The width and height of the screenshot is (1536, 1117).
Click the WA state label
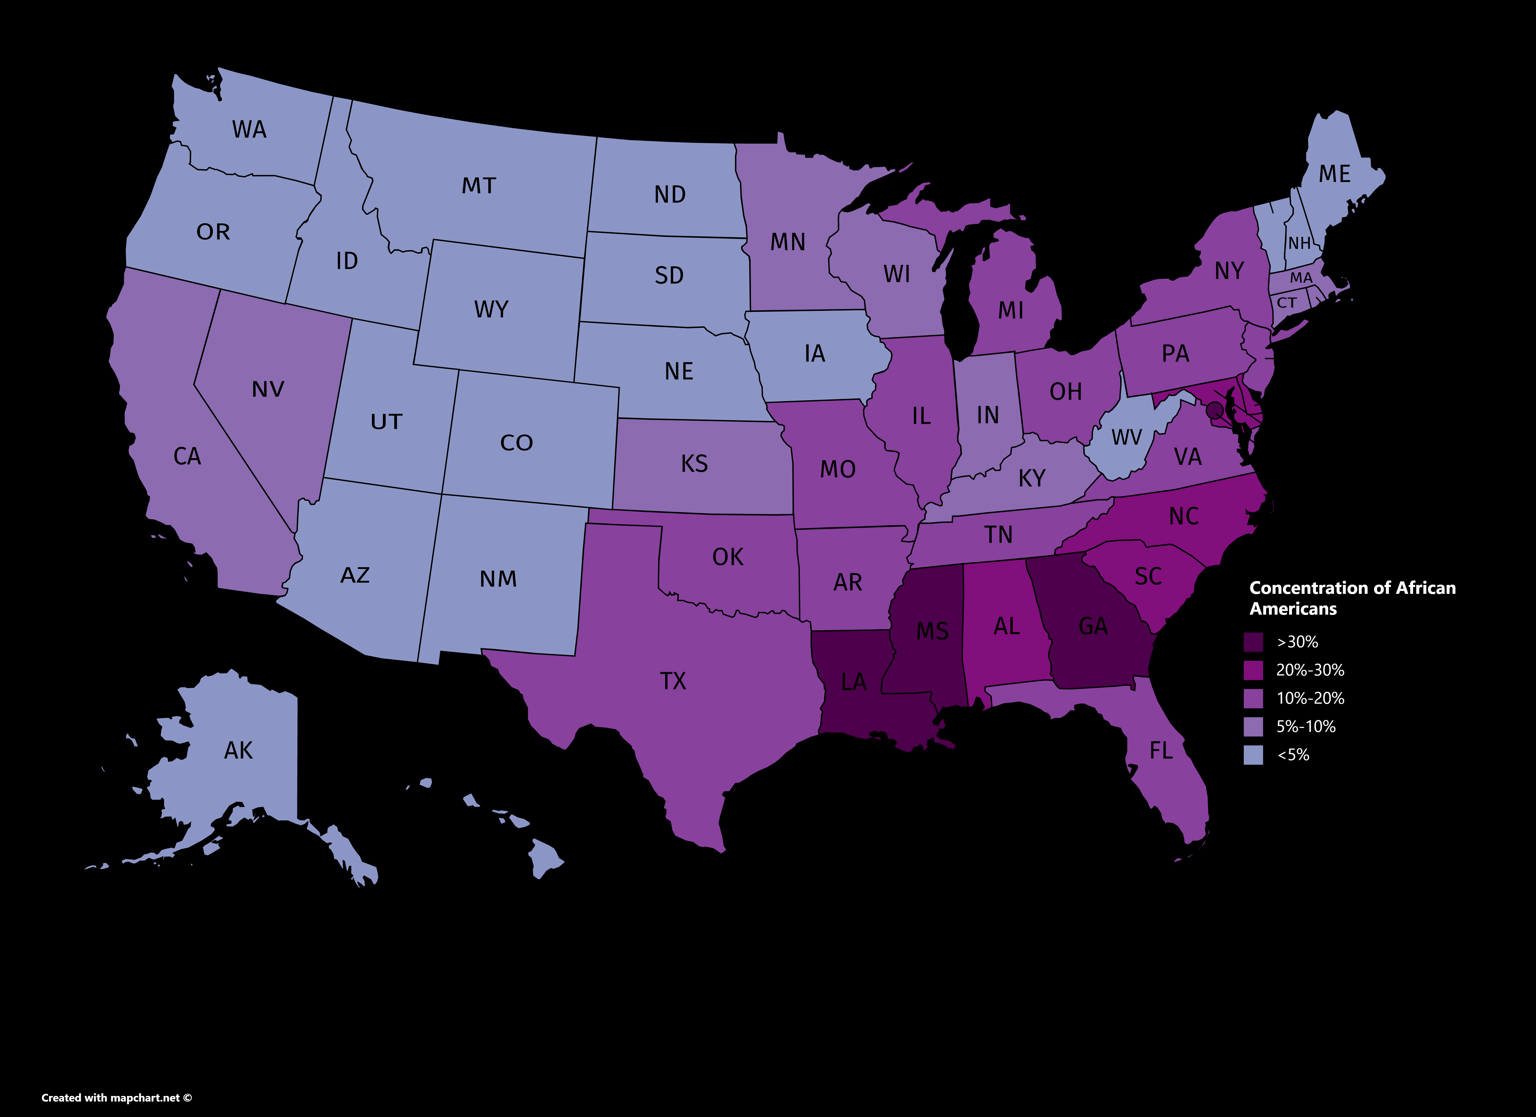pyautogui.click(x=249, y=129)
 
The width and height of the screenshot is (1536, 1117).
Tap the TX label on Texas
pyautogui.click(x=673, y=681)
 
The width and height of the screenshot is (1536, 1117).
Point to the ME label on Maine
pyautogui.click(x=1334, y=174)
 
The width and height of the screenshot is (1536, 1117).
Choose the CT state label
pyautogui.click(x=1287, y=303)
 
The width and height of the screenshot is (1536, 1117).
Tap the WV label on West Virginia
pyautogui.click(x=1126, y=438)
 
